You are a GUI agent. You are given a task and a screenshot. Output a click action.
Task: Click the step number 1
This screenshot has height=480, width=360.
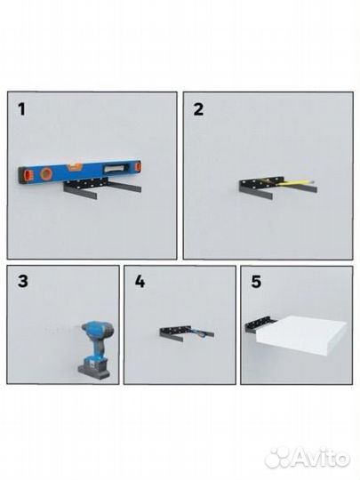click(21, 109)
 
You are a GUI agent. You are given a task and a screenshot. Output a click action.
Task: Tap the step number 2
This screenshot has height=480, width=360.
click(198, 109)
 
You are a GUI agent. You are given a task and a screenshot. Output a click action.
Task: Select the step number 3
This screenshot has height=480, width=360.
click(23, 281)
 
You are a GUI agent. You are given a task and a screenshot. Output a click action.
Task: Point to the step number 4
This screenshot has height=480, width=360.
click(140, 281)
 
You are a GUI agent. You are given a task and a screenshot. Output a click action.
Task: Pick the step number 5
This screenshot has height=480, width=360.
click(256, 282)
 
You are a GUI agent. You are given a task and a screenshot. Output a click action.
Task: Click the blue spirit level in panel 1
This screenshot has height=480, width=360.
click(80, 172)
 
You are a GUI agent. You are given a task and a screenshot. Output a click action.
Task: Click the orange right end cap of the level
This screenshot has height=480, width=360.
click(139, 166)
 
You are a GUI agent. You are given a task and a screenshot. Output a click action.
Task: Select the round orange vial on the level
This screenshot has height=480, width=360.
click(47, 173)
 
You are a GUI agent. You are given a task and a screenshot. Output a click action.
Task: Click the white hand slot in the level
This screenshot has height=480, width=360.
click(115, 168)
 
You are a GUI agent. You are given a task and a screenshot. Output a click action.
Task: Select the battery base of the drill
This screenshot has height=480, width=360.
click(94, 370)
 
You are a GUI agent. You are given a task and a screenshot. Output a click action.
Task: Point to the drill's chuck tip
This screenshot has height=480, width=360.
click(78, 328)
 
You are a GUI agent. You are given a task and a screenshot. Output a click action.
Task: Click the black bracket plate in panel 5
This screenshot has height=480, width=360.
click(258, 324)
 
